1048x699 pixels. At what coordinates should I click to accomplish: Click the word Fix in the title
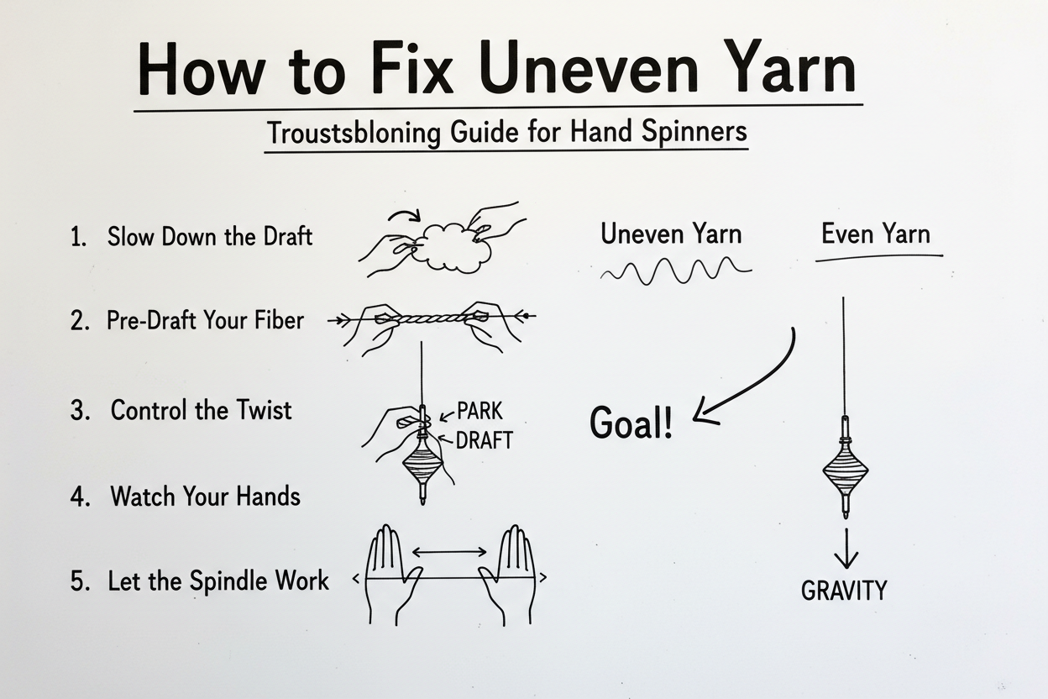(x=413, y=68)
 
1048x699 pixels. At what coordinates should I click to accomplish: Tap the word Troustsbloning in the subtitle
(x=354, y=133)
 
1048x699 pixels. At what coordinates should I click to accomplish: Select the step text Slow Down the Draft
(x=210, y=236)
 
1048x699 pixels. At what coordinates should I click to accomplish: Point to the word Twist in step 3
(x=264, y=410)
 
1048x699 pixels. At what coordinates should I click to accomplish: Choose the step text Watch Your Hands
(x=205, y=496)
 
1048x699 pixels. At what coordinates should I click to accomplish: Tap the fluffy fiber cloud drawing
(x=456, y=247)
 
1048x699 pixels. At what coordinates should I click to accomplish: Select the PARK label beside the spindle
(x=479, y=411)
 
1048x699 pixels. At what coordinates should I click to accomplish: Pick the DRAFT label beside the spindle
(x=484, y=440)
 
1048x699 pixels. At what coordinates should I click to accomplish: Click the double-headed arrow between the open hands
(x=449, y=552)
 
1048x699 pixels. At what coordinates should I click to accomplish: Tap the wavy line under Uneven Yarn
(x=675, y=271)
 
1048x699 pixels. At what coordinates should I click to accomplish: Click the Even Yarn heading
(x=876, y=234)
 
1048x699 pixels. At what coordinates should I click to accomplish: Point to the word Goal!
(x=631, y=423)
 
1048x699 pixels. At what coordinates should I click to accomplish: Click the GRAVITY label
(x=844, y=591)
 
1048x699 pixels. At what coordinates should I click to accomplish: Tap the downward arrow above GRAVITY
(x=846, y=549)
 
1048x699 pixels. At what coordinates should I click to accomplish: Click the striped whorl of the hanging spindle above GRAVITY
(x=846, y=470)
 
